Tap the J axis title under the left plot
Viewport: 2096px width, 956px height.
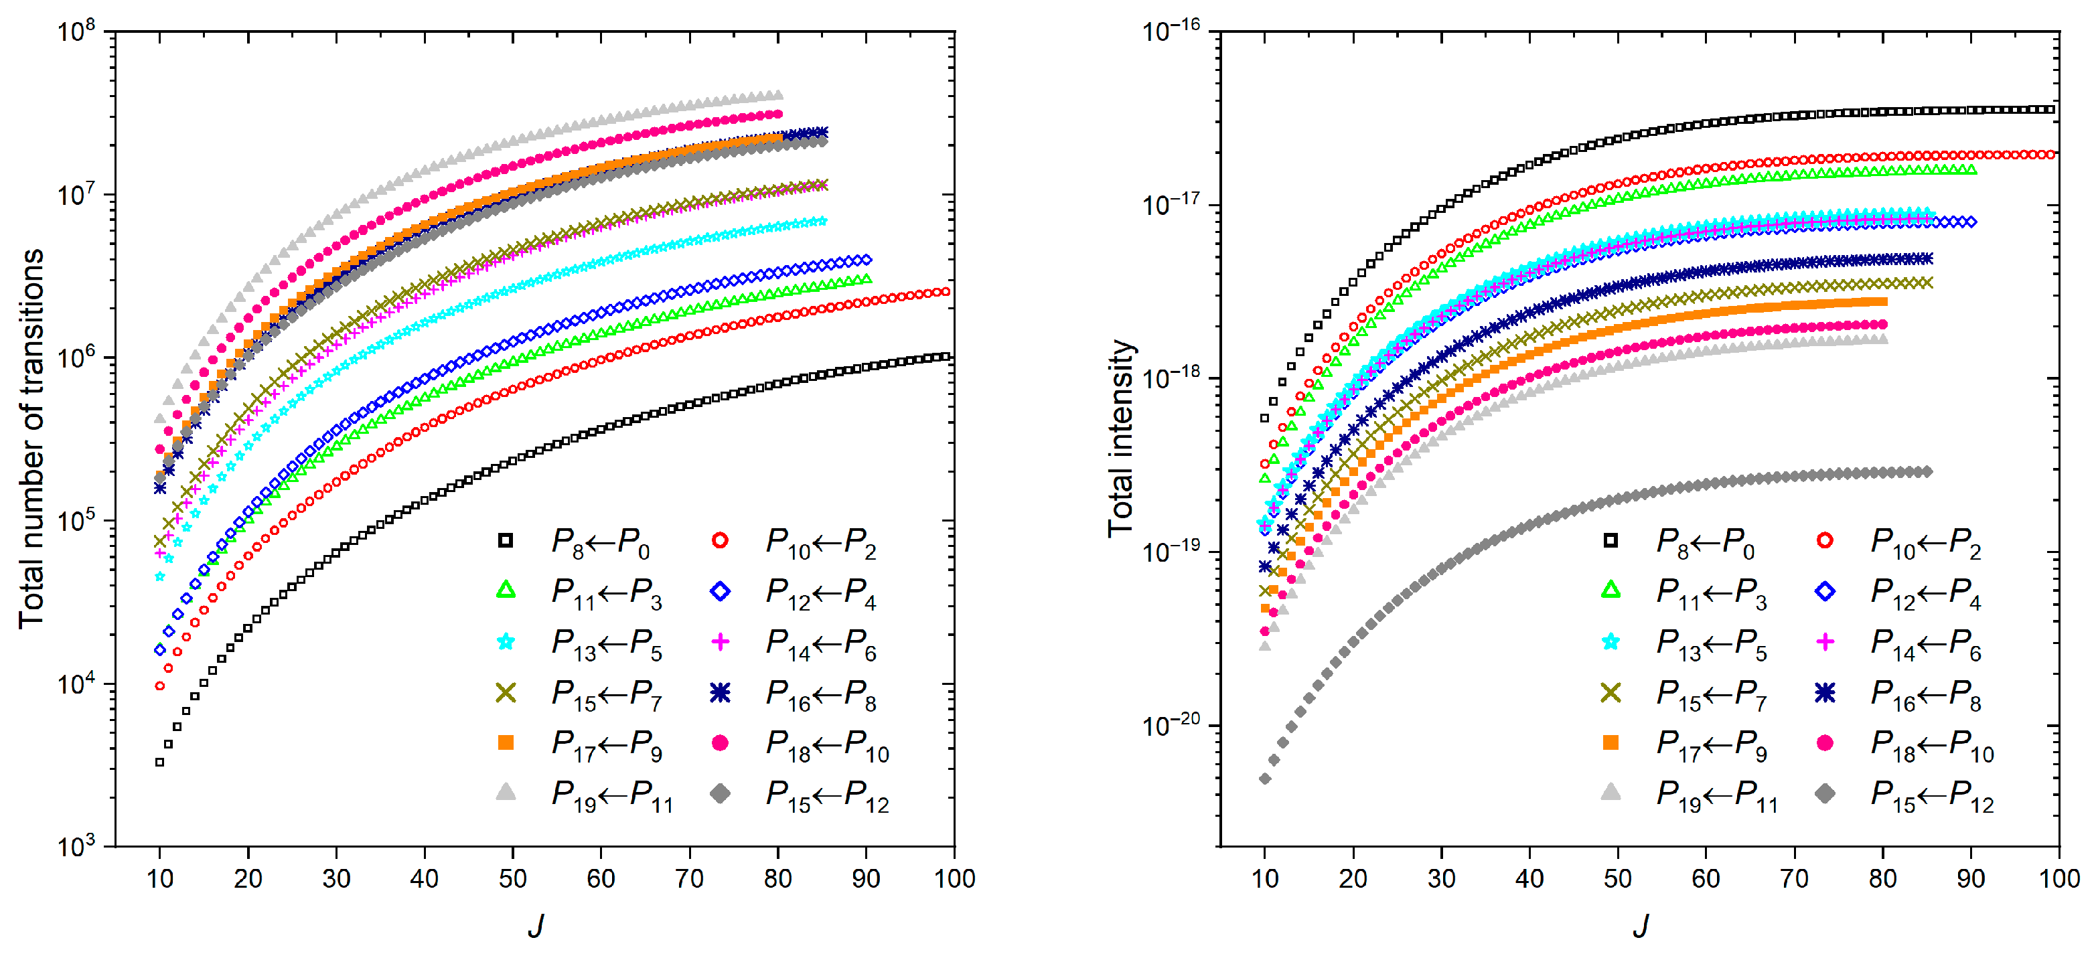(534, 925)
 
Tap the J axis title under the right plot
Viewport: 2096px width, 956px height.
(1641, 925)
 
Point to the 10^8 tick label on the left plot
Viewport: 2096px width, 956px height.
(76, 33)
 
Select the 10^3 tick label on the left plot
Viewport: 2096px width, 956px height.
(76, 846)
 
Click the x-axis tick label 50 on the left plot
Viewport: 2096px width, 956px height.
(512, 879)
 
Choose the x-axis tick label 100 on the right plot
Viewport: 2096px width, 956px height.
(2058, 879)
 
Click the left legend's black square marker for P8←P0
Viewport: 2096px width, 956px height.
(506, 540)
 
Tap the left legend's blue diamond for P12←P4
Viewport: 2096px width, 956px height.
(720, 592)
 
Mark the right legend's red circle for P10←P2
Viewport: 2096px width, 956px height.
(1825, 540)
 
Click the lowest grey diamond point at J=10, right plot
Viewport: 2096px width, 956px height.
(1264, 779)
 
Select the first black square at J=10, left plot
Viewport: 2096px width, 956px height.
(159, 763)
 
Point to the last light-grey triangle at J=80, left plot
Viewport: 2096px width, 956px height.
(778, 95)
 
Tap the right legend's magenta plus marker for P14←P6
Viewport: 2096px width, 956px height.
(1825, 642)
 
